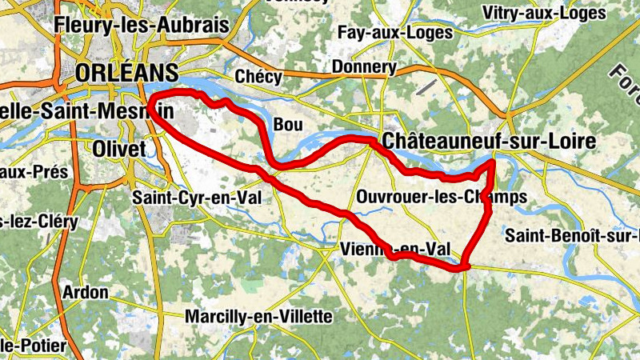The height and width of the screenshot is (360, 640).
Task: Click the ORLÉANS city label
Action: (126, 72)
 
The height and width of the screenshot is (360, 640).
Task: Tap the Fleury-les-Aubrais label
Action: (142, 25)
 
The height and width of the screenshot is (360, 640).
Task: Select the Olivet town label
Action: (119, 150)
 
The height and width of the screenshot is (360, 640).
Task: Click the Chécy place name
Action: (259, 77)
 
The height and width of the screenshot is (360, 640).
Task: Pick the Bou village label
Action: (288, 125)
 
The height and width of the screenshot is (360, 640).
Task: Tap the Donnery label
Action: (364, 66)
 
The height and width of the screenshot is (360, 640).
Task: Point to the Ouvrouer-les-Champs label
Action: (441, 196)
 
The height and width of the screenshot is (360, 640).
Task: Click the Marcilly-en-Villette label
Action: (258, 317)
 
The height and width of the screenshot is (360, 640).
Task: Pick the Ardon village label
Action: (84, 293)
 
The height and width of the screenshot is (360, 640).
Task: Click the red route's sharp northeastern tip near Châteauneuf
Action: (492, 163)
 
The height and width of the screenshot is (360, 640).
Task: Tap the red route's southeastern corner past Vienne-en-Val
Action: (462, 267)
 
